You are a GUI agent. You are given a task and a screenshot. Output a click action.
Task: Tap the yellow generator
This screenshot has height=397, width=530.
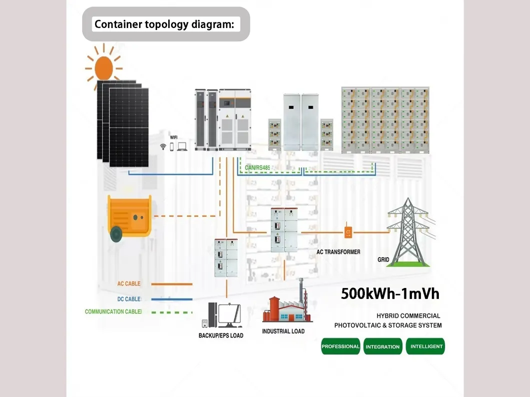pyautogui.click(x=129, y=216)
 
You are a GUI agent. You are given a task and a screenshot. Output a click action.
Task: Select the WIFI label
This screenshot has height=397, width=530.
pyautogui.click(x=174, y=136)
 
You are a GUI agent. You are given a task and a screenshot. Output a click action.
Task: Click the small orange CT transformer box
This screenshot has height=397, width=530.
pyautogui.click(x=348, y=232)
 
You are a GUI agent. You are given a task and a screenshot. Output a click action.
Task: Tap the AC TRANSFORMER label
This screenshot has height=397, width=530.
pyautogui.click(x=338, y=252)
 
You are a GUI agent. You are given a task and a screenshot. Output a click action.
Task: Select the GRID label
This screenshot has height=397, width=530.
pyautogui.click(x=383, y=260)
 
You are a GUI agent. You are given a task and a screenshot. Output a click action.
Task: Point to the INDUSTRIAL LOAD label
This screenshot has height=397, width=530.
pyautogui.click(x=283, y=331)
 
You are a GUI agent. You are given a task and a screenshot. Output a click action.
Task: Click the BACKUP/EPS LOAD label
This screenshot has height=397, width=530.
pyautogui.click(x=221, y=335)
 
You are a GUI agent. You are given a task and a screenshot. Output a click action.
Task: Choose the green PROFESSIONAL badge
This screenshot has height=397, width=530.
pyautogui.click(x=340, y=346)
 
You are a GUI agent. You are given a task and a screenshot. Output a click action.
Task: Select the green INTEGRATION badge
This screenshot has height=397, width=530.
pyautogui.click(x=383, y=346)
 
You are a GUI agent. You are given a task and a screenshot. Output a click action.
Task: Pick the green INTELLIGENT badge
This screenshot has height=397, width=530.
pyautogui.click(x=425, y=346)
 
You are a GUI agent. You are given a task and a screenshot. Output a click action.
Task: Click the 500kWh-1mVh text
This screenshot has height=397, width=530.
pyautogui.click(x=390, y=293)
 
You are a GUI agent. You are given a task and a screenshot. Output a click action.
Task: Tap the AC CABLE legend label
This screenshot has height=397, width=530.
pyautogui.click(x=129, y=283)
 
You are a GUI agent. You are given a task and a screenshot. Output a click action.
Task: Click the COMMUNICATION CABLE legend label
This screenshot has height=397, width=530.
pyautogui.click(x=113, y=311)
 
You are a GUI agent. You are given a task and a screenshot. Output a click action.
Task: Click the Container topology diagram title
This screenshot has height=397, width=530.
pyautogui.click(x=164, y=24)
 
